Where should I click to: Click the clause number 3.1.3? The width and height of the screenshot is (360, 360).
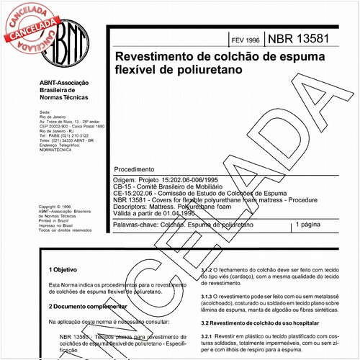pos(207,294)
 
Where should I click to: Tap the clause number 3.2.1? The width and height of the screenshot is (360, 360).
pos(207,336)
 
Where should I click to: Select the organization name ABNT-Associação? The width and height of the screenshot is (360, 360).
pos(66,83)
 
